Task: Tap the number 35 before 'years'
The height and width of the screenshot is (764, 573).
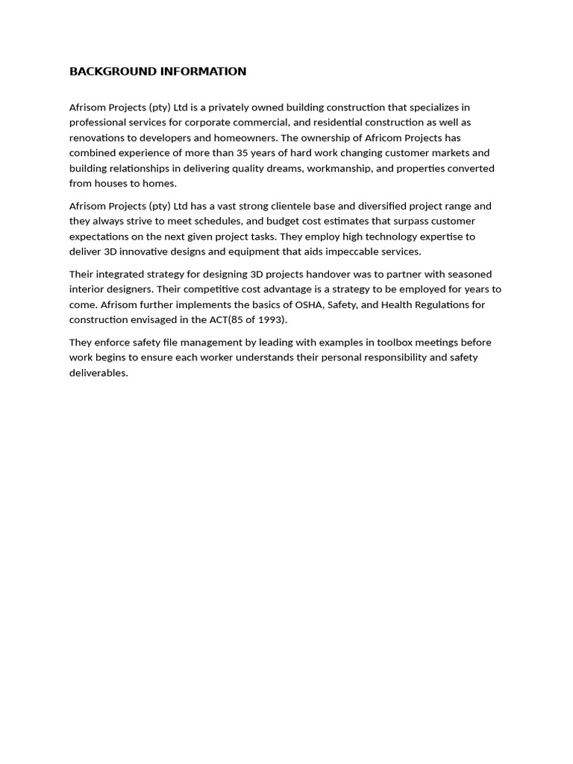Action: click(x=245, y=153)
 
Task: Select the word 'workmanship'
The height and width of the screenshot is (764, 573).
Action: click(x=338, y=169)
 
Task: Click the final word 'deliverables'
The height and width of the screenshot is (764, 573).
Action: click(x=98, y=373)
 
